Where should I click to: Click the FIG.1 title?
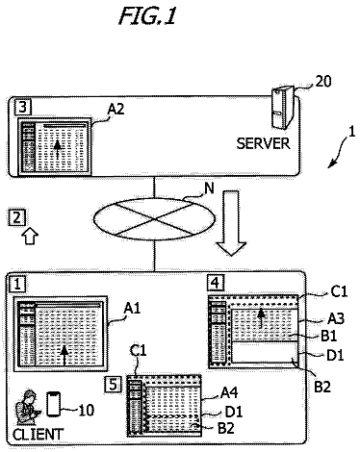(147, 15)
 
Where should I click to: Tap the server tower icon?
(282, 108)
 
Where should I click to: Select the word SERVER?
(263, 143)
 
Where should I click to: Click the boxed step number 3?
(23, 107)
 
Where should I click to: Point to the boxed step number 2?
(16, 217)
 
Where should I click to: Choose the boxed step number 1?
(17, 284)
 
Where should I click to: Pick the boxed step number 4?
(216, 283)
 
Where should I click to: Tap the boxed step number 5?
(114, 385)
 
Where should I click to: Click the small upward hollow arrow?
(30, 237)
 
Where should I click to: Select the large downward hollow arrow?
(231, 223)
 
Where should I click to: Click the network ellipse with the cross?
(155, 219)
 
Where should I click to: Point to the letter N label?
(209, 188)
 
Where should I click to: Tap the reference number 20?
(323, 82)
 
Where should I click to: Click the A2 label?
(116, 110)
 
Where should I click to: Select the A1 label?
(132, 309)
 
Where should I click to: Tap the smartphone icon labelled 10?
(53, 404)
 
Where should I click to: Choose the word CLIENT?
(38, 434)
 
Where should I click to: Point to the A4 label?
(229, 392)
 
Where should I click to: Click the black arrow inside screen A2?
(58, 150)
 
